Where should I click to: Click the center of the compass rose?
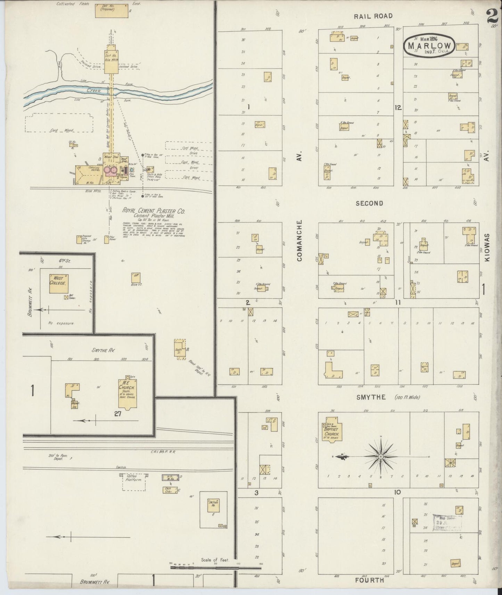[x=381, y=456]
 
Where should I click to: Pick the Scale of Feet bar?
[x=215, y=568]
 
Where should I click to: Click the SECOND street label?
[x=369, y=203]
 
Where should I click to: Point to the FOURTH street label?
[x=369, y=580]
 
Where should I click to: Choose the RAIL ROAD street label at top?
[x=373, y=16]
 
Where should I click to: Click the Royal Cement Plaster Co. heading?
[x=153, y=211]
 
